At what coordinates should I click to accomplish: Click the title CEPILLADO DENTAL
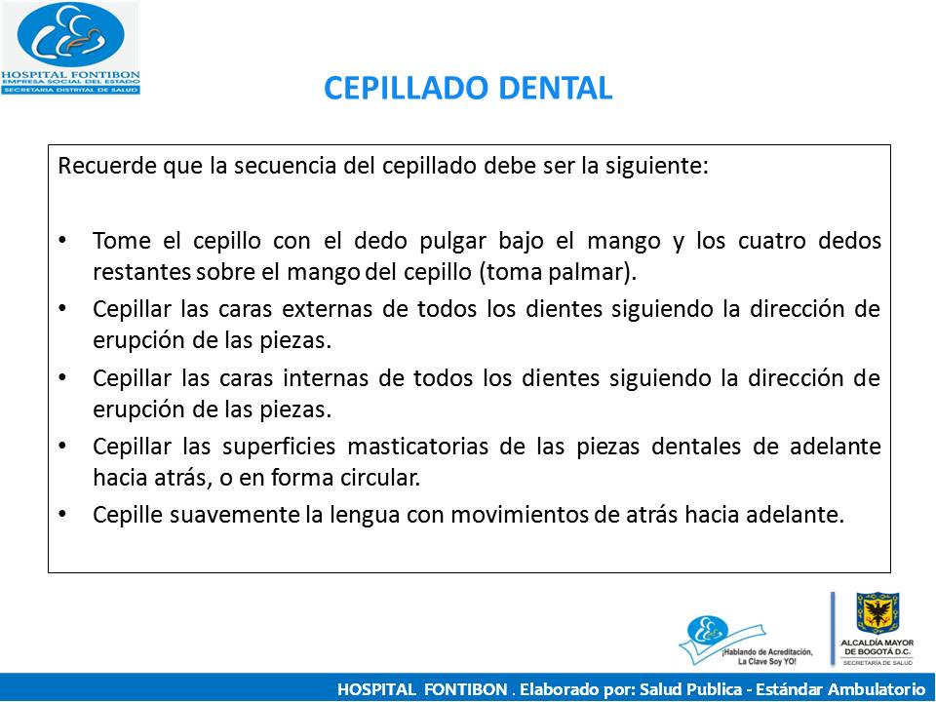(467, 88)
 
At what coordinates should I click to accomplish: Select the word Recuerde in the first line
(97, 165)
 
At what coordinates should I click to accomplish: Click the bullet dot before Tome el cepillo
(64, 240)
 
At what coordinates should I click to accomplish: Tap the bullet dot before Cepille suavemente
(64, 515)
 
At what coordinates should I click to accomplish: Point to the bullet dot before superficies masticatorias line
(64, 446)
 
